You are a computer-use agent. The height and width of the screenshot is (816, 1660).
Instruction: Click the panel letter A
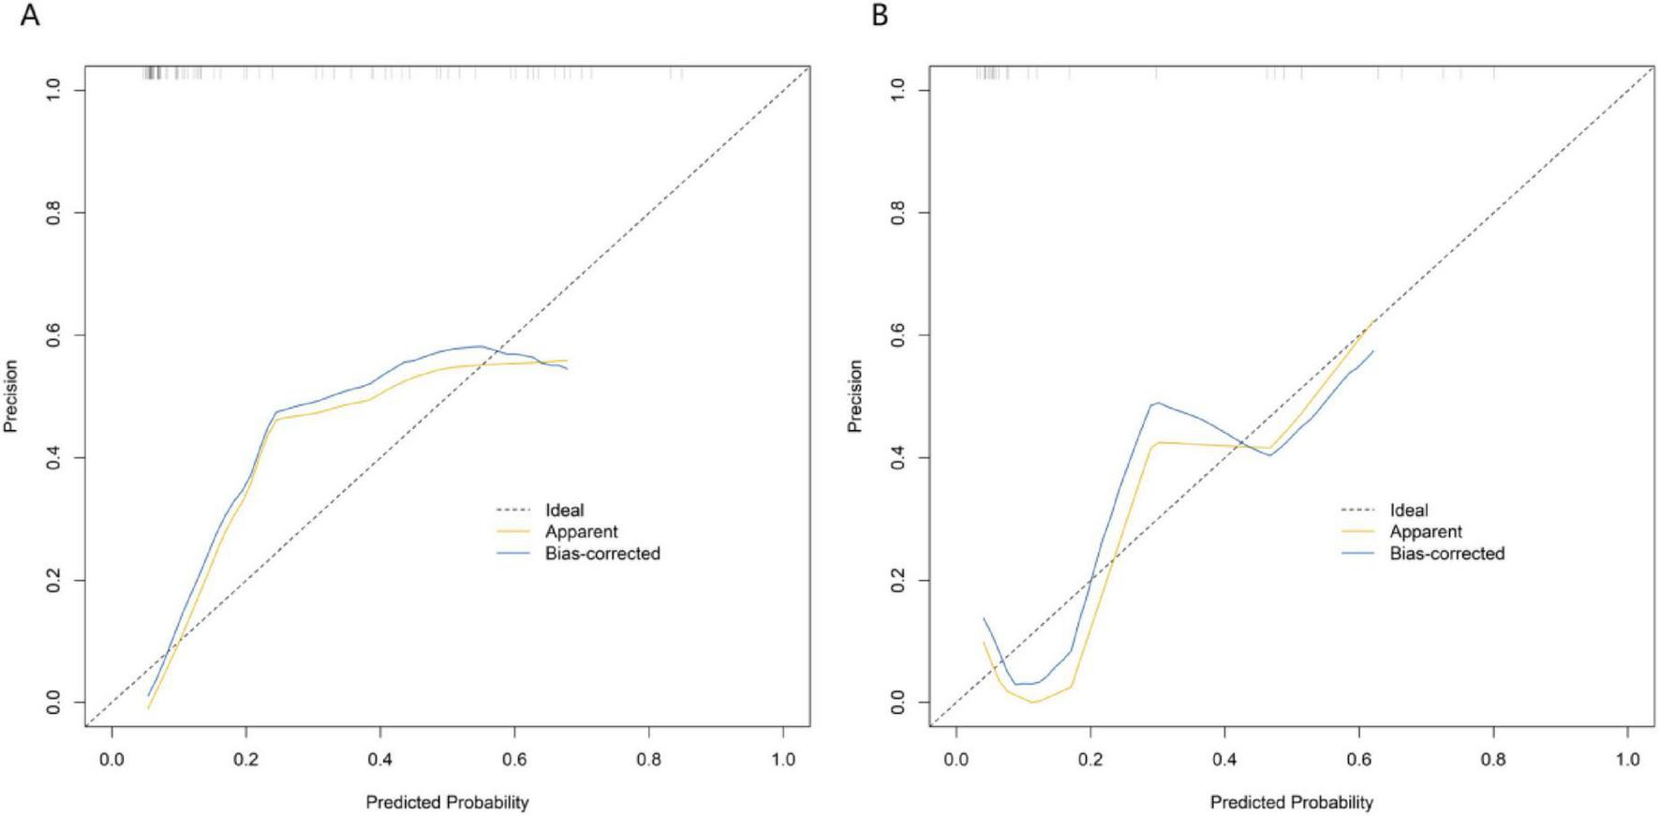point(30,16)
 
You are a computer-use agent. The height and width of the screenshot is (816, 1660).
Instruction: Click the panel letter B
point(880,16)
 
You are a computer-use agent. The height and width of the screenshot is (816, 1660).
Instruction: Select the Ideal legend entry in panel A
point(564,511)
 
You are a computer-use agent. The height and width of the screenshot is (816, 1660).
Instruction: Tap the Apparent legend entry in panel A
point(581,532)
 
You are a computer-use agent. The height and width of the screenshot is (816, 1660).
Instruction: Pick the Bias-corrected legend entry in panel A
point(602,554)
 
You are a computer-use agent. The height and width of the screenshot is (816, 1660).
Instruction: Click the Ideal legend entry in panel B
point(1409,511)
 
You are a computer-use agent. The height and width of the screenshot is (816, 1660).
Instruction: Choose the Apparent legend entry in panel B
point(1426,532)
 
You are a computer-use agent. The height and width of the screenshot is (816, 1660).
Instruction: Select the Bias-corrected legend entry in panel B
point(1447,554)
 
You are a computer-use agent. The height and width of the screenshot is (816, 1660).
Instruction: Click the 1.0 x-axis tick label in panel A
point(783,759)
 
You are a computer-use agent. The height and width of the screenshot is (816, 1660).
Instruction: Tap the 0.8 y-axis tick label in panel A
point(54,213)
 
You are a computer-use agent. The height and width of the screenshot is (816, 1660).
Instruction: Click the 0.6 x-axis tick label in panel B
point(1359,759)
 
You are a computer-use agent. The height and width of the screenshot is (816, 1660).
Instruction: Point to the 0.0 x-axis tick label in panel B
point(956,759)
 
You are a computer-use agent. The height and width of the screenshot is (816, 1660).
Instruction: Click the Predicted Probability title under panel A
point(447,803)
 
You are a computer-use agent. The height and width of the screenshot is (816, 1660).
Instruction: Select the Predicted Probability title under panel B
point(1292,803)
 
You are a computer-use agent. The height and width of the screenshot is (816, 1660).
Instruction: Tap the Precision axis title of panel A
point(11,396)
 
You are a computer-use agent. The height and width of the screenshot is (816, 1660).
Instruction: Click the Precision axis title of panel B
point(855,396)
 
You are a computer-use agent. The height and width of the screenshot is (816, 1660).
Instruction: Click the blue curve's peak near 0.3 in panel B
point(1158,403)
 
